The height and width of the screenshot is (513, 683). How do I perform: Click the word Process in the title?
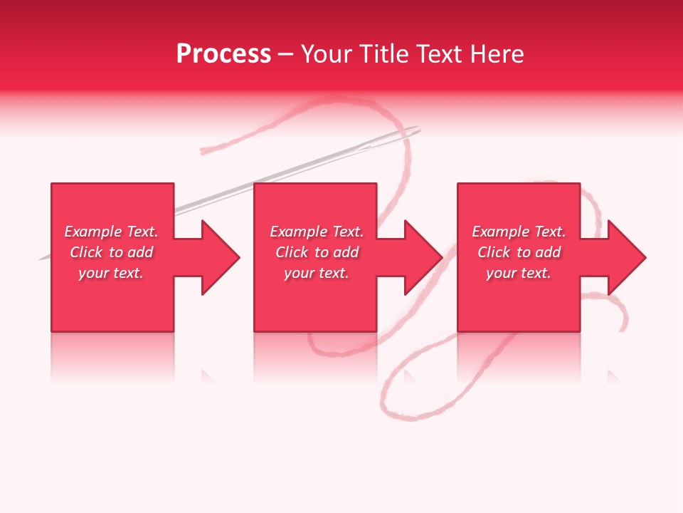pyautogui.click(x=223, y=54)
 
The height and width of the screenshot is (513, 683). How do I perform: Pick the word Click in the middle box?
pyautogui.click(x=292, y=252)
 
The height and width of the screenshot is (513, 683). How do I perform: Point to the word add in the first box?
pyautogui.click(x=140, y=252)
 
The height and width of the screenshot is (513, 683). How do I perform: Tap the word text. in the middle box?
pyautogui.click(x=332, y=273)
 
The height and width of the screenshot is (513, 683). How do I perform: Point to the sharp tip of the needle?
pyautogui.click(x=41, y=259)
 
